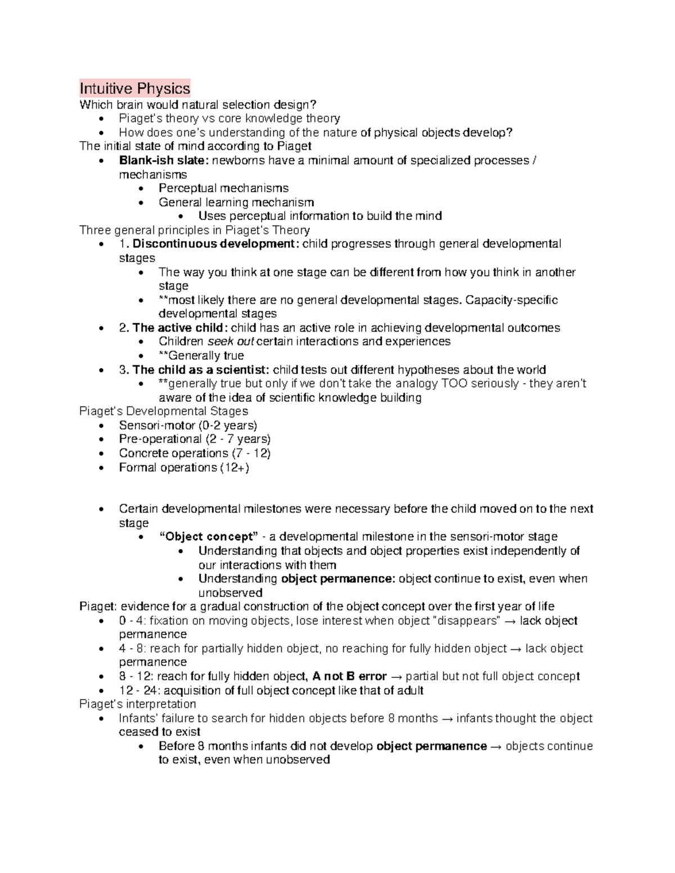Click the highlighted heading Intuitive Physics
click(135, 88)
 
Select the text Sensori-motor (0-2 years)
click(188, 426)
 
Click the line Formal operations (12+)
click(184, 468)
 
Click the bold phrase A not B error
click(349, 676)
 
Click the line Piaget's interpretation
click(138, 704)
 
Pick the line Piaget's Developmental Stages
click(164, 411)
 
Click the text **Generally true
click(201, 356)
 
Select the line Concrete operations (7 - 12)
click(195, 454)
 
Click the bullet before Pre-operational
click(101, 440)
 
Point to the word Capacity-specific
click(512, 300)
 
